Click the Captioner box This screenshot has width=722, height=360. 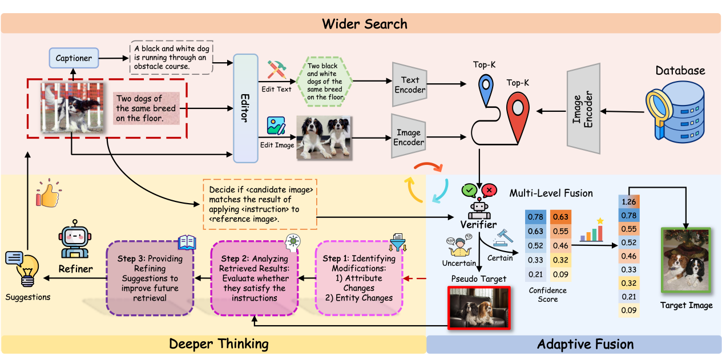point(74,58)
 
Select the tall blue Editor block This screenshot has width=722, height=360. point(246,108)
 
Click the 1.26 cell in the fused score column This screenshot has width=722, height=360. point(628,201)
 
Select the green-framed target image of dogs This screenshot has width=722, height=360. point(685,261)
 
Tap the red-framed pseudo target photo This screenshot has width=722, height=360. point(478,306)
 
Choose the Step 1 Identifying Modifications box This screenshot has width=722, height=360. point(359,278)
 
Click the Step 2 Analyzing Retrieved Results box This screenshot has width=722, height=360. point(254,278)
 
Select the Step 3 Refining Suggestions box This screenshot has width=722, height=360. point(150,278)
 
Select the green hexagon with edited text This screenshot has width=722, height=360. point(324,82)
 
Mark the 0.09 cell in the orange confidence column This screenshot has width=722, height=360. point(560,275)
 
